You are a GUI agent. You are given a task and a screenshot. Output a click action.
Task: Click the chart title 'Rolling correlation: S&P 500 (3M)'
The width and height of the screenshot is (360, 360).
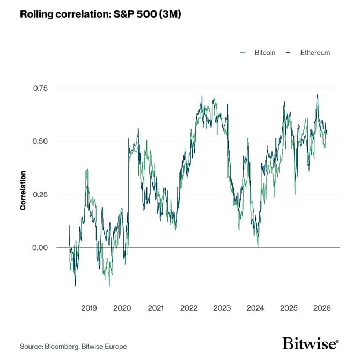tap(100, 14)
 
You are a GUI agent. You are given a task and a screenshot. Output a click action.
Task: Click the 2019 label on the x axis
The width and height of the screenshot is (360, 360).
tap(89, 308)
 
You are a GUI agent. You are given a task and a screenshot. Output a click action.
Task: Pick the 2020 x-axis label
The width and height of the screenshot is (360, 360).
tap(122, 308)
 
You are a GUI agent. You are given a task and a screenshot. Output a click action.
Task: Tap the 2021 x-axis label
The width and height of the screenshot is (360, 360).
tap(156, 308)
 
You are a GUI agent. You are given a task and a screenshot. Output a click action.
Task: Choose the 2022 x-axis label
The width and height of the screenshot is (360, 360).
tap(189, 308)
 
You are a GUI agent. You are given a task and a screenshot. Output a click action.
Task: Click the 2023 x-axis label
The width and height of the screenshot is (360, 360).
tap(222, 308)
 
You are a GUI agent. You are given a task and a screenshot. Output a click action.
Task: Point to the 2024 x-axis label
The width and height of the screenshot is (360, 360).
tap(255, 308)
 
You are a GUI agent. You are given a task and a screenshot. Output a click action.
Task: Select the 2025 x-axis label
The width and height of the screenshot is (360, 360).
tap(289, 308)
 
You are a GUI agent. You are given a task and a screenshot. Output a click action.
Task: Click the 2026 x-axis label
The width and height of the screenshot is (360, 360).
tap(322, 308)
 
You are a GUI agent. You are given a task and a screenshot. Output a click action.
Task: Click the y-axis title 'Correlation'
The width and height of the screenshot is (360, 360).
tap(23, 190)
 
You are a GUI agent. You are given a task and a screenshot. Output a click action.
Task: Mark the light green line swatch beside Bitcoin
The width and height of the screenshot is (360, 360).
tap(243, 53)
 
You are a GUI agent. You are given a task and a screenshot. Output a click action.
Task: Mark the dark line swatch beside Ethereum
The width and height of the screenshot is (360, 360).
tap(288, 53)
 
